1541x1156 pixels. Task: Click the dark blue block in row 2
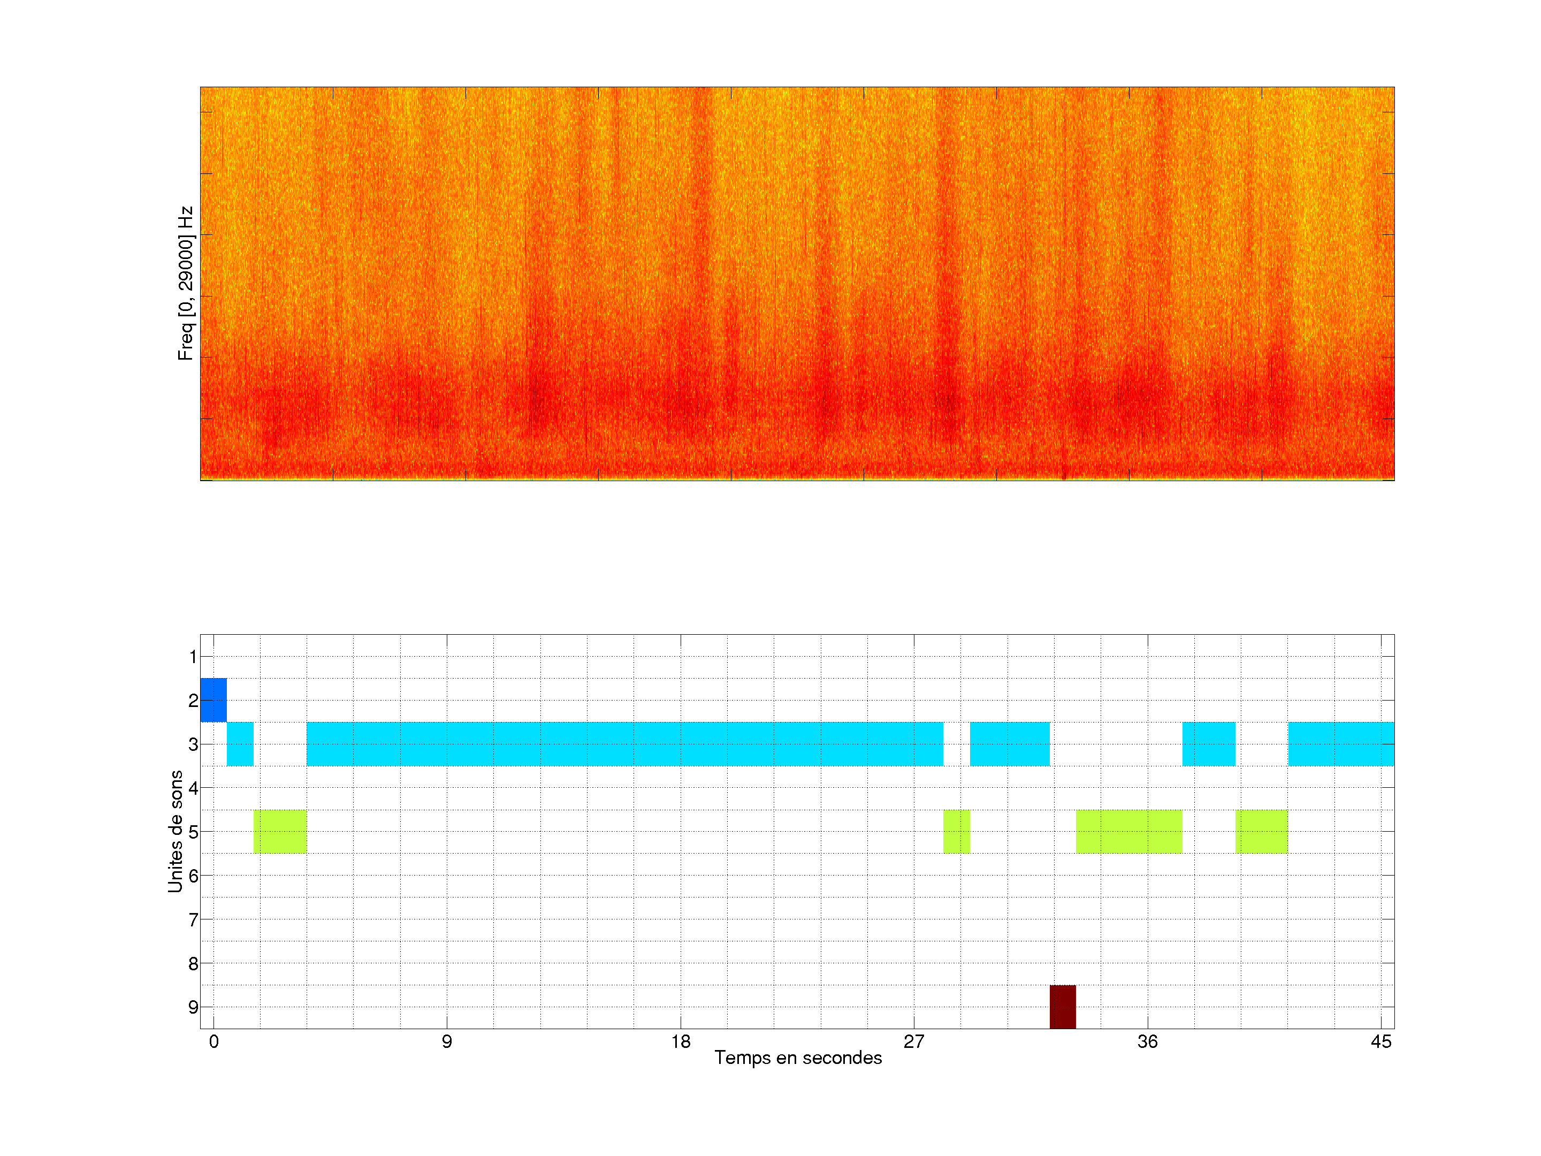click(x=213, y=699)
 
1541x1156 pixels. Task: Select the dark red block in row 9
click(x=1063, y=1006)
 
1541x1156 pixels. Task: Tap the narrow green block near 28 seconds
click(x=956, y=831)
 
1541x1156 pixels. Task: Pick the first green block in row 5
click(x=279, y=831)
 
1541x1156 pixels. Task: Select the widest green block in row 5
click(x=1128, y=831)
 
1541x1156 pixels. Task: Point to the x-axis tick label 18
click(x=681, y=1041)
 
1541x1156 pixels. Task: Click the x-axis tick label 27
click(x=913, y=1041)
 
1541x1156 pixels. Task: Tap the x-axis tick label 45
click(x=1381, y=1041)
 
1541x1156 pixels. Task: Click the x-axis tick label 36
click(x=1147, y=1041)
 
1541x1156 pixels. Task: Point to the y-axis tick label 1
click(x=193, y=656)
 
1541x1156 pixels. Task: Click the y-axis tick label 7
click(x=193, y=920)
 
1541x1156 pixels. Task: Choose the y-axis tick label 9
click(x=193, y=1007)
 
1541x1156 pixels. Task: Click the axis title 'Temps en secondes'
click(x=798, y=1058)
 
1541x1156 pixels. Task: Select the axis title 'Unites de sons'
click(x=175, y=831)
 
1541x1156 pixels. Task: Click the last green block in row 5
click(x=1261, y=831)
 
